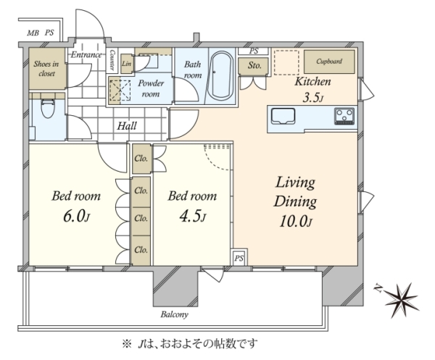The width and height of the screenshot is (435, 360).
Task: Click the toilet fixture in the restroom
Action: [48, 108]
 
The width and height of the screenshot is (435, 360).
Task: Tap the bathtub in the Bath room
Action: [221, 75]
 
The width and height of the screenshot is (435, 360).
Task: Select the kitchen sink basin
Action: [283, 117]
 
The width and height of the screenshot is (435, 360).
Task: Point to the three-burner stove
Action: [344, 116]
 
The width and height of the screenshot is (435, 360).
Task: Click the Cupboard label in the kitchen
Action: [329, 62]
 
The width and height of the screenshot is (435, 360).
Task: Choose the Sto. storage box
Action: [254, 66]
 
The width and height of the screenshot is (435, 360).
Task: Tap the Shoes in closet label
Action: [46, 69]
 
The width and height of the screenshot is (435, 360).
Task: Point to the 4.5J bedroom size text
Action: [193, 217]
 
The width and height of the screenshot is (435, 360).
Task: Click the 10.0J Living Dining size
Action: [296, 222]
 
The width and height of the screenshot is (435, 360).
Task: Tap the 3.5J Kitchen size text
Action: [313, 98]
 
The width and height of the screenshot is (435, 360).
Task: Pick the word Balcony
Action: [175, 314]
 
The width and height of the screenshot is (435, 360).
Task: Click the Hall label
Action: [127, 126]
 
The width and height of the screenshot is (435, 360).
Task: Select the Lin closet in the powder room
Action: [126, 64]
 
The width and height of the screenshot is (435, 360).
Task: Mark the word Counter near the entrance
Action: [112, 60]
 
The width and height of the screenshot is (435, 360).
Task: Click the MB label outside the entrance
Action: [33, 33]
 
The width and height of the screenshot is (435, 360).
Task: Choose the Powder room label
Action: [151, 88]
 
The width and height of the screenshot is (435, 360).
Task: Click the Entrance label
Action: [86, 55]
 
